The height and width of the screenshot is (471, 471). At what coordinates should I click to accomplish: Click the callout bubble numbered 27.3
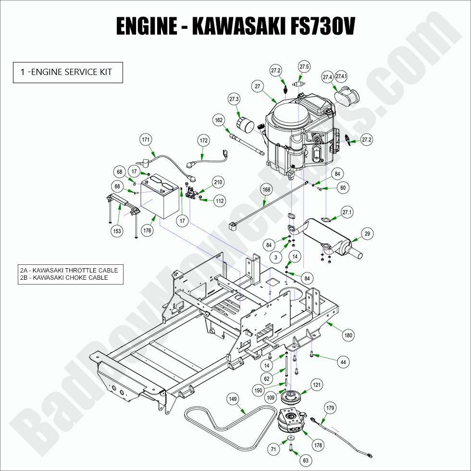234,99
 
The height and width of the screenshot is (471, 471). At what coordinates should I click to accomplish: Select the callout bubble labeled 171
146,140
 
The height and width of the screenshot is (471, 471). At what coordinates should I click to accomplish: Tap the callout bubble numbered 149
233,398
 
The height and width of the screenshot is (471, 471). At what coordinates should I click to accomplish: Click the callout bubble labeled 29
367,234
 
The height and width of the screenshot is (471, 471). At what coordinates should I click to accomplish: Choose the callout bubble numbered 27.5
304,66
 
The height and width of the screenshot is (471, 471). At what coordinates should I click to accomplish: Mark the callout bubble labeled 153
117,231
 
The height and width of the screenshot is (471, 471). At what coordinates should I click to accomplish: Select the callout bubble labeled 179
330,408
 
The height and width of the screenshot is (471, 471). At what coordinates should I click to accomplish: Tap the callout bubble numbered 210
218,182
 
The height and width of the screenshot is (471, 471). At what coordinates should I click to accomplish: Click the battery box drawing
161,197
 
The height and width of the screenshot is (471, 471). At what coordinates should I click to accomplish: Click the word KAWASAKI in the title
235,27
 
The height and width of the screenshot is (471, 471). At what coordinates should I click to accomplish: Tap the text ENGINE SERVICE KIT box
68,73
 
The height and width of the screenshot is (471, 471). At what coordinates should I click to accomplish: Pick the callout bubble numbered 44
342,362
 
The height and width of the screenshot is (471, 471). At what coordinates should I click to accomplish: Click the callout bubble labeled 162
219,120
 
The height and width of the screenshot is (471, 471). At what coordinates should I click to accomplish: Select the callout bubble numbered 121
317,385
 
